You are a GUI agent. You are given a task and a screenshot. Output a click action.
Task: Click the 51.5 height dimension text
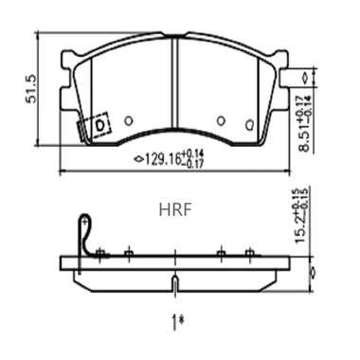click(x=31, y=89)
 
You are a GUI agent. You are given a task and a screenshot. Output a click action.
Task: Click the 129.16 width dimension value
click(x=163, y=159)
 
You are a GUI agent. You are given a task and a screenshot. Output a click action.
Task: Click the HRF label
click(x=175, y=210)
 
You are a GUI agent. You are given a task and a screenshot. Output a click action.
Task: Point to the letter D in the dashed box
click(x=99, y=126)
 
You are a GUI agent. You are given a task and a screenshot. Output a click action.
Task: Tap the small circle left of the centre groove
click(x=128, y=120)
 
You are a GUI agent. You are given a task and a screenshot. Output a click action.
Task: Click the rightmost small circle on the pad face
click(x=250, y=124)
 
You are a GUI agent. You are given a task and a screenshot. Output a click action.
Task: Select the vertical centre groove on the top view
click(x=175, y=82)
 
